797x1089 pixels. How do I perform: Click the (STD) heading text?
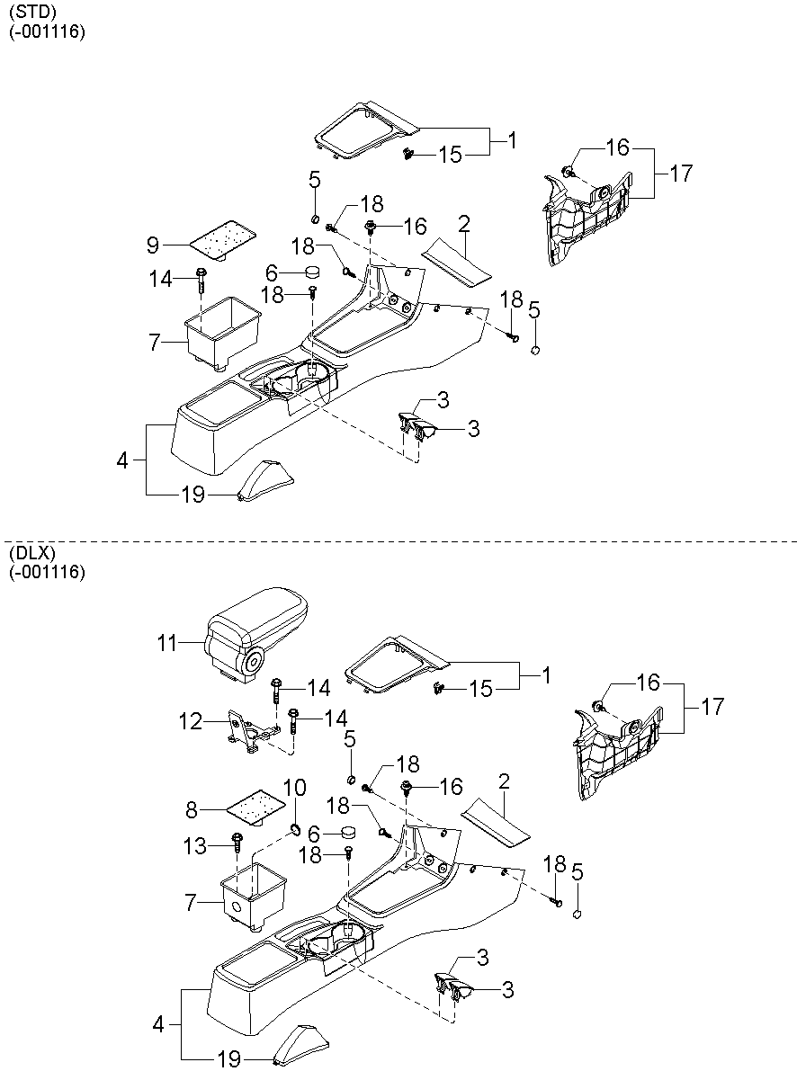pyautogui.click(x=31, y=13)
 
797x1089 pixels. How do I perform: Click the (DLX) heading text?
pyautogui.click(x=31, y=553)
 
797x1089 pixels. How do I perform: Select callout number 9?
pyautogui.click(x=153, y=244)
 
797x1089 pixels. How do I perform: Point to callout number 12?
pyautogui.click(x=190, y=720)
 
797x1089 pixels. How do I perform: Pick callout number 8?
pyautogui.click(x=190, y=809)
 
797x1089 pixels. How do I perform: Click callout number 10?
pyautogui.click(x=295, y=787)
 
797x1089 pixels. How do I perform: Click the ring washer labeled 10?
pyautogui.click(x=294, y=827)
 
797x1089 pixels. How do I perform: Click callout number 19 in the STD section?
pyautogui.click(x=193, y=495)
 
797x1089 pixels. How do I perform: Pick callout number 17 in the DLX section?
pyautogui.click(x=712, y=708)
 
